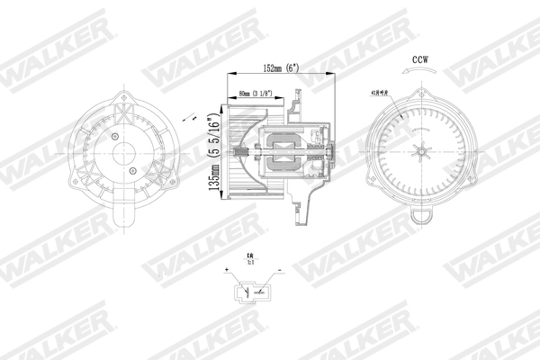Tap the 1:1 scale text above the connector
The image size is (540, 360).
pyautogui.click(x=250, y=262)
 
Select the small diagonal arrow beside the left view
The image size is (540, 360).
pyautogui.click(x=190, y=118)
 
